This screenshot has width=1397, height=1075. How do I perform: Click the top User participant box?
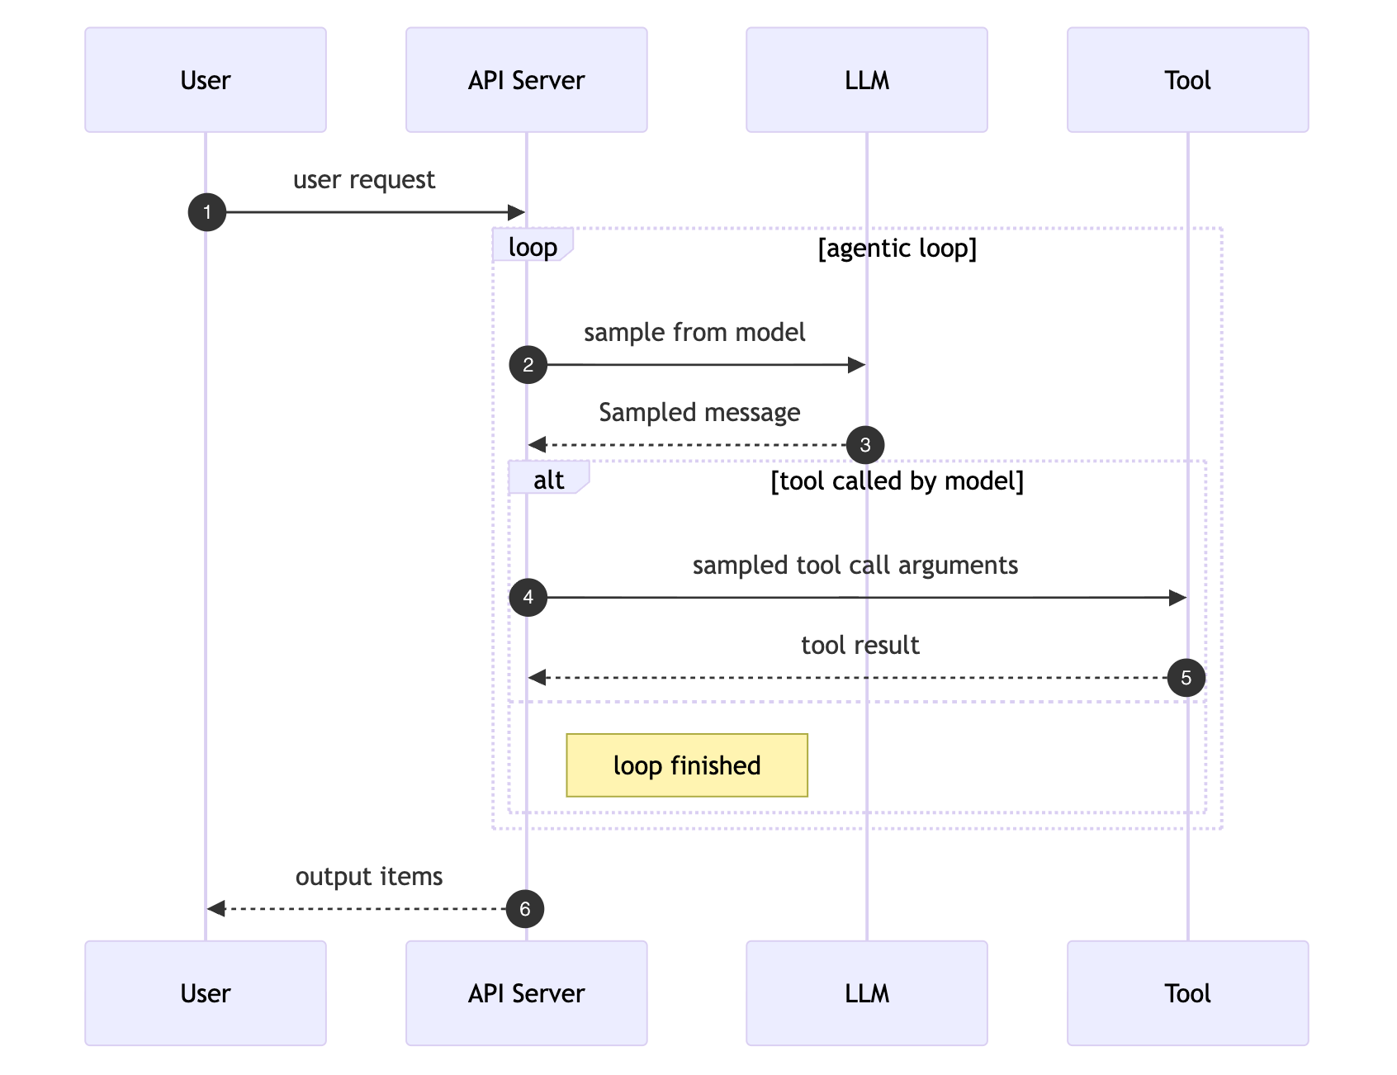(205, 80)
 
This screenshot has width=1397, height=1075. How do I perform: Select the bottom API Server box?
(526, 992)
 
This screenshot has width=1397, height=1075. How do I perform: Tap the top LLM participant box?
(866, 80)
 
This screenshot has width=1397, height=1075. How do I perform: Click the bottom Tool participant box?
(1187, 992)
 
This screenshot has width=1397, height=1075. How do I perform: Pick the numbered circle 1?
(207, 212)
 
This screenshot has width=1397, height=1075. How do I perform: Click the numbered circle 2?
(528, 365)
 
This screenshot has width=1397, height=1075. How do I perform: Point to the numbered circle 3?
(865, 445)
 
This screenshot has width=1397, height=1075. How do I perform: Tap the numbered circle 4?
(528, 598)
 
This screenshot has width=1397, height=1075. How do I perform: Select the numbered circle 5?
(1186, 678)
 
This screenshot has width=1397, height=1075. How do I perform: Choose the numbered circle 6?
(525, 909)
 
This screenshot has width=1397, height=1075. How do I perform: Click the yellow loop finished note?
(687, 765)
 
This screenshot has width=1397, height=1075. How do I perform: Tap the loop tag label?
(533, 247)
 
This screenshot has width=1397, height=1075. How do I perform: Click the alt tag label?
(548, 480)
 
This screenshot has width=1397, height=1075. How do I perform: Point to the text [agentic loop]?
(897, 248)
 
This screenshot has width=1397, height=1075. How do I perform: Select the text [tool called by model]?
(897, 481)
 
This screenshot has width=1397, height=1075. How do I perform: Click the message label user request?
(364, 180)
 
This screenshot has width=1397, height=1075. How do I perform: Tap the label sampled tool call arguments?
(855, 566)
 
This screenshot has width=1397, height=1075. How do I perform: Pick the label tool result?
(860, 646)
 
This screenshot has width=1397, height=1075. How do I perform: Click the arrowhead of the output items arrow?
(216, 909)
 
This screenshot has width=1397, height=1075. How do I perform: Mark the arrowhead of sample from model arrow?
(856, 365)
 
